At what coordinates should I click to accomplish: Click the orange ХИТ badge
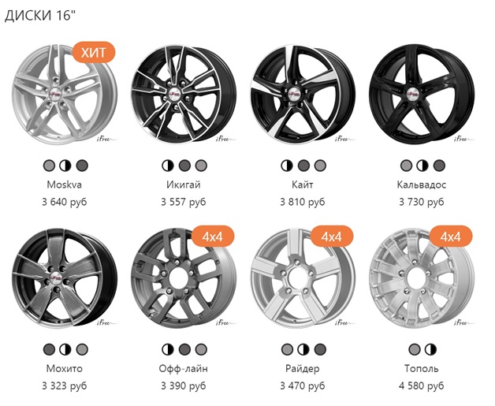[94, 52]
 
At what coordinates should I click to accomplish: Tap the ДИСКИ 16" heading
[40, 16]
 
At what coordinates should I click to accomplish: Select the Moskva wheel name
[65, 184]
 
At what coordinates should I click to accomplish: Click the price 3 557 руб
[184, 202]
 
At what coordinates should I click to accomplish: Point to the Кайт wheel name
[303, 184]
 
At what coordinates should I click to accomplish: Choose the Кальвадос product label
[422, 184]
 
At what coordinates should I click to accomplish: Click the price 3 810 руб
[303, 202]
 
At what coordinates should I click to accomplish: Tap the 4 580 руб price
[422, 386]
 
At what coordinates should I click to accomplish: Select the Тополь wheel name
[422, 368]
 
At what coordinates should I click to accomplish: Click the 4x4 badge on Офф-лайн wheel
[213, 237]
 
